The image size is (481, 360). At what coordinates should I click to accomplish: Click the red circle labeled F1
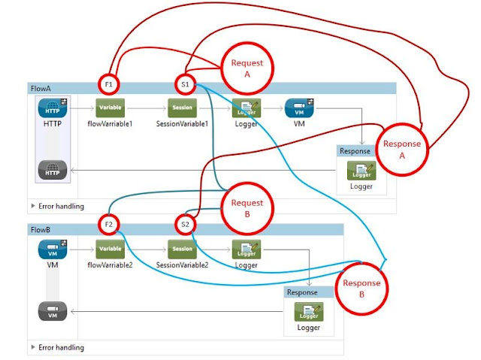pos(109,84)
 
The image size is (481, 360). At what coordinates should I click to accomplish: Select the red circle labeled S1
pos(185,84)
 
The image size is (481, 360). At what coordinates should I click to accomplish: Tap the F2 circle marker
pos(109,224)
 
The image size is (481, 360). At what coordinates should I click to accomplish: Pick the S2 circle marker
pos(185,224)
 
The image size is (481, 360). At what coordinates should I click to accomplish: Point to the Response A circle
pos(402,149)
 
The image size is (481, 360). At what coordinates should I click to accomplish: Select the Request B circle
pos(247,208)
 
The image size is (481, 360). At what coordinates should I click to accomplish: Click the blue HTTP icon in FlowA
pos(52,108)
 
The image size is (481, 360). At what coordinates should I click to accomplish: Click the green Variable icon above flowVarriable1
pos(109,107)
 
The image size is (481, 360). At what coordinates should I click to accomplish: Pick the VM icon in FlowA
pos(299,108)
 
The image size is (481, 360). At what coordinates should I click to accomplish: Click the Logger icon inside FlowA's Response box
pos(361,171)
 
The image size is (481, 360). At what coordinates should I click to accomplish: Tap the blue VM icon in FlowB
pos(52,250)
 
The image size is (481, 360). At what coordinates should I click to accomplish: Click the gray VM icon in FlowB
pos(52,311)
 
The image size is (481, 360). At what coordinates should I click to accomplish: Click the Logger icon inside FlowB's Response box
pos(308,311)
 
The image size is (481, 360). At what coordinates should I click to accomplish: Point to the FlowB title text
pos(41,228)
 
